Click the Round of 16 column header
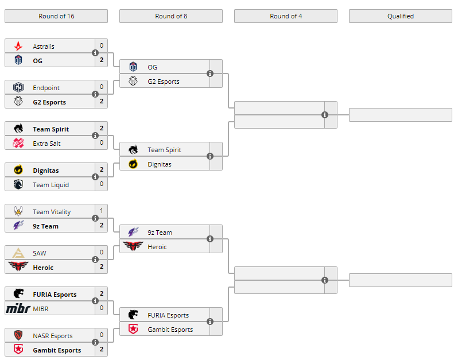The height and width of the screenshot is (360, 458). [x=56, y=16]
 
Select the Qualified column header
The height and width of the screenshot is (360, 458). [x=400, y=16]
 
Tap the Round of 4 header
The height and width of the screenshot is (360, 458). [x=286, y=16]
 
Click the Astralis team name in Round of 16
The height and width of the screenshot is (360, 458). [x=44, y=47]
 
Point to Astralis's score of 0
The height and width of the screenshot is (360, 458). [x=102, y=45]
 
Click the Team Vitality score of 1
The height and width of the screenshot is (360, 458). [x=102, y=211]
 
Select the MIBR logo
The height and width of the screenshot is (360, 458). [x=18, y=309]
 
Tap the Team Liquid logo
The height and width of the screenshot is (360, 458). [x=18, y=185]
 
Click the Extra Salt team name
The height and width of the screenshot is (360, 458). [x=46, y=144]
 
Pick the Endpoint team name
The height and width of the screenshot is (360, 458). [x=46, y=88]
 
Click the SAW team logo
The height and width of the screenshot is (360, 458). [x=18, y=253]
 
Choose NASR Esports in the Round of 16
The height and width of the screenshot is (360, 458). [x=53, y=336]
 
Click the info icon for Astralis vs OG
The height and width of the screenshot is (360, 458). [x=95, y=53]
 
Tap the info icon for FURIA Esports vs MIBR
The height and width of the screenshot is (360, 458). [x=95, y=301]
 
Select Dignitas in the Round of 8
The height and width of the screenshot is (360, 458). [x=159, y=164]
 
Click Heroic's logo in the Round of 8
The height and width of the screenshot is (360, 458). [x=133, y=247]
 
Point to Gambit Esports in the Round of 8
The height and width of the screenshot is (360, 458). [x=170, y=330]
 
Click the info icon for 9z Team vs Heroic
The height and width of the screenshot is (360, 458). [x=210, y=239]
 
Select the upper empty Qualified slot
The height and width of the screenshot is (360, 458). [x=400, y=115]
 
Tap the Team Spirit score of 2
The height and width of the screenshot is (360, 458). [x=102, y=128]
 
